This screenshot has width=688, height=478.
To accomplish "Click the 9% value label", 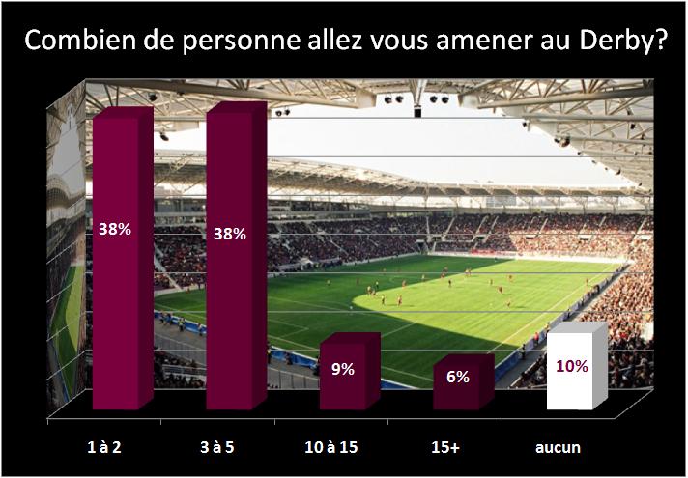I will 344,368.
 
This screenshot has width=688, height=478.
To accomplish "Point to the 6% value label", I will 458,378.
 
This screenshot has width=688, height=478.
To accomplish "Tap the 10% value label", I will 572,366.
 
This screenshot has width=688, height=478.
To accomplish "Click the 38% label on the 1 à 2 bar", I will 116,230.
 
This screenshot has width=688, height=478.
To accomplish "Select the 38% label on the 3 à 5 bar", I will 230,233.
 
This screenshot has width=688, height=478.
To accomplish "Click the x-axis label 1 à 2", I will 117,448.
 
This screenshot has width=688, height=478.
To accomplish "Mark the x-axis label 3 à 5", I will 231,448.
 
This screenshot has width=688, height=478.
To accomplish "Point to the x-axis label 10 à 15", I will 344,448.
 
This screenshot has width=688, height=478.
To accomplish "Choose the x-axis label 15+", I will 458,448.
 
